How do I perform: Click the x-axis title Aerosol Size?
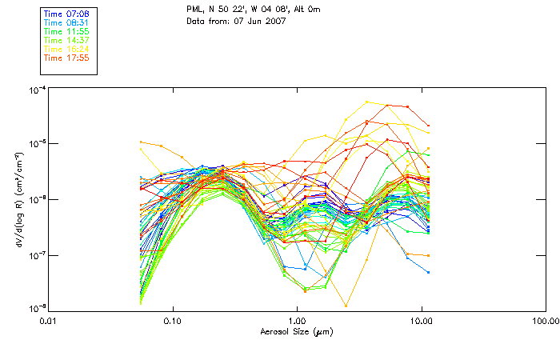[297, 330]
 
